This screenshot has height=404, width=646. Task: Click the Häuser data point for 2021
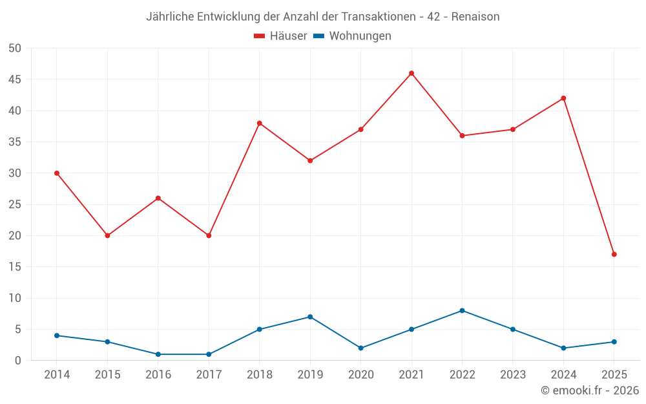pyautogui.click(x=412, y=73)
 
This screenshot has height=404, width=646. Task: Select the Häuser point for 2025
pyautogui.click(x=614, y=254)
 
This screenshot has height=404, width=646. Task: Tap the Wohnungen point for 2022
pyautogui.click(x=462, y=310)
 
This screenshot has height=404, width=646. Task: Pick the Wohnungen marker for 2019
pyautogui.click(x=310, y=317)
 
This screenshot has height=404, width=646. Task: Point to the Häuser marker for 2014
pyautogui.click(x=57, y=173)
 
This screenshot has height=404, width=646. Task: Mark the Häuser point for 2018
pyautogui.click(x=260, y=123)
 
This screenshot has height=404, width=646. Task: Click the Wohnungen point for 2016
pyautogui.click(x=158, y=354)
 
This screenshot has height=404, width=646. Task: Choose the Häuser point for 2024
pyautogui.click(x=563, y=98)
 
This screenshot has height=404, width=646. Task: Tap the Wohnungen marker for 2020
pyautogui.click(x=360, y=348)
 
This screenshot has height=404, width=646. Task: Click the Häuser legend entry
pyautogui.click(x=280, y=36)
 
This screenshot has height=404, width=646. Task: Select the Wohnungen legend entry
pyautogui.click(x=352, y=36)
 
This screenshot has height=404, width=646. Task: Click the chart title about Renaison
pyautogui.click(x=323, y=17)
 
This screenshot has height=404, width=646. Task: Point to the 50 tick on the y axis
pyautogui.click(x=15, y=48)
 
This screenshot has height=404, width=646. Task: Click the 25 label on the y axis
pyautogui.click(x=15, y=204)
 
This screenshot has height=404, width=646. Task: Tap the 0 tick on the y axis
pyautogui.click(x=18, y=361)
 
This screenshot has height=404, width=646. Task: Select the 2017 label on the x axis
pyautogui.click(x=209, y=375)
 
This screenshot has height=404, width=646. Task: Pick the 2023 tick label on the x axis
pyautogui.click(x=512, y=375)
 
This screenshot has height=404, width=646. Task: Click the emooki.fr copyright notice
pyautogui.click(x=589, y=390)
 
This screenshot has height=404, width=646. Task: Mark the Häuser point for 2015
pyautogui.click(x=107, y=235)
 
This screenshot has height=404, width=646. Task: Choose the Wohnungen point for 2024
pyautogui.click(x=563, y=348)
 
